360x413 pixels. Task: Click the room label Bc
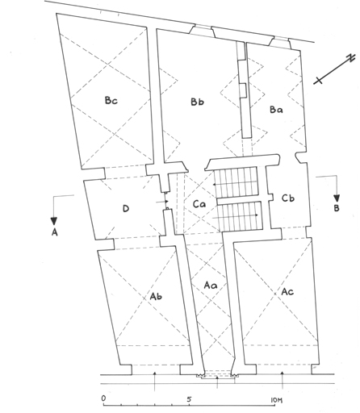111,101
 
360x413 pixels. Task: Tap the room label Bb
197,102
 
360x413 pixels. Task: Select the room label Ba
276,110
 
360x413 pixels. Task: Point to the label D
126,208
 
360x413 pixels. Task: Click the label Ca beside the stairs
199,204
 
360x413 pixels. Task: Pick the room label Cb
288,198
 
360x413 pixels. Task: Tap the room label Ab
156,296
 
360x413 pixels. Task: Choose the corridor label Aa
211,285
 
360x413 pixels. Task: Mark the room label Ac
287,291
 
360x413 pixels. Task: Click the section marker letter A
54,232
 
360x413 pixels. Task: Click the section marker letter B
337,208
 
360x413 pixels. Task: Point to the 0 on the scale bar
103,398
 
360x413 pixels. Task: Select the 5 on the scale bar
190,399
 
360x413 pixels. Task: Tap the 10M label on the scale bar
276,400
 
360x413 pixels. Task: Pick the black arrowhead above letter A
54,221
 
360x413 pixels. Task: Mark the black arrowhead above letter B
337,198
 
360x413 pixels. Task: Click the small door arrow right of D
163,201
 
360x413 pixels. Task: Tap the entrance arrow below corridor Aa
217,382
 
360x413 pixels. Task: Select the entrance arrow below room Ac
283,381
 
